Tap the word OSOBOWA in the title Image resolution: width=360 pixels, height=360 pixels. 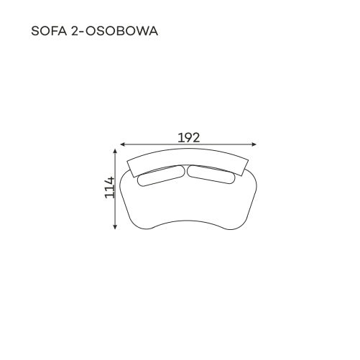[x=121, y=31]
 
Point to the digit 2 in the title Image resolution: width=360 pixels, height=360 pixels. [x=75, y=31]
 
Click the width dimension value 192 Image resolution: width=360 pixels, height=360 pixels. [x=189, y=138]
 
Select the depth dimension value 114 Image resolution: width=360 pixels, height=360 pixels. [x=110, y=188]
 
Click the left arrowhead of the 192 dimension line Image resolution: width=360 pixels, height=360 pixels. [x=122, y=144]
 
